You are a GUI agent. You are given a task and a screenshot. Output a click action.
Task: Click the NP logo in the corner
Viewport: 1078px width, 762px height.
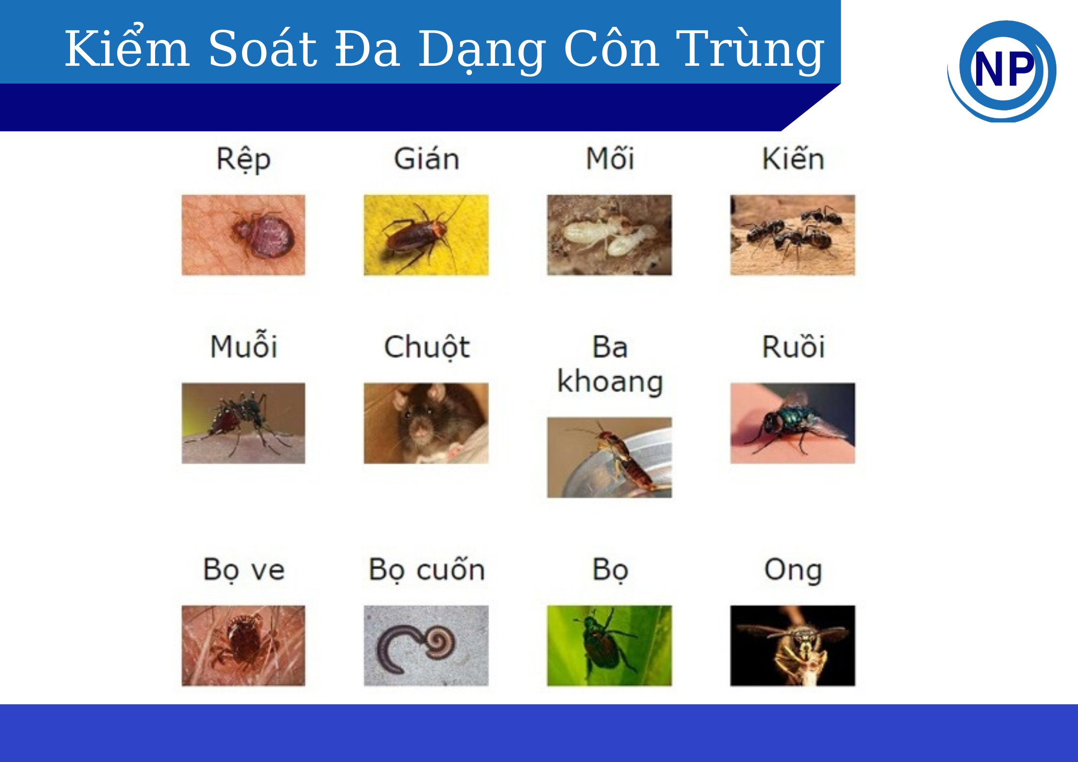click(x=1002, y=71)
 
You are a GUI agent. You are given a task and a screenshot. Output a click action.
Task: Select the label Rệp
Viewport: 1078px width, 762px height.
click(x=243, y=159)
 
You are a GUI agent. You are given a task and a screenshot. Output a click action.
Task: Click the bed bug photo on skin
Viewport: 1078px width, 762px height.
click(x=243, y=235)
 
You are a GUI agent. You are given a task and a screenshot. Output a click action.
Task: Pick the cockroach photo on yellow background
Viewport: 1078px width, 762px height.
click(x=426, y=235)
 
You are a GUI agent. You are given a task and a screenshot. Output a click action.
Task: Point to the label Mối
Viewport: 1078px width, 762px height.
click(x=610, y=158)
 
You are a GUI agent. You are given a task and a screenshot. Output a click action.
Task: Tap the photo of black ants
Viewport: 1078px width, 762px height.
click(x=793, y=235)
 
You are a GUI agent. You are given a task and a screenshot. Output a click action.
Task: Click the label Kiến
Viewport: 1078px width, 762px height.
click(x=793, y=158)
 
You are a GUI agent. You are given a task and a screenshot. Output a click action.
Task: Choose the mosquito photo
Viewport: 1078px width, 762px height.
click(x=243, y=423)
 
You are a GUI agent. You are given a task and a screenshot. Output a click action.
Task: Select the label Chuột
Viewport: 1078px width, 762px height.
click(x=427, y=347)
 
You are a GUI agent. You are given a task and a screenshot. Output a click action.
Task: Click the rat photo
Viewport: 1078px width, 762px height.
click(x=426, y=423)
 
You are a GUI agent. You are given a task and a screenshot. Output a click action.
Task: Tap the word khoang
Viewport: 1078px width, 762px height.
click(x=610, y=383)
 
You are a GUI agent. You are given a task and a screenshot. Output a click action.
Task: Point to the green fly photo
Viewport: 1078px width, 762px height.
click(x=793, y=423)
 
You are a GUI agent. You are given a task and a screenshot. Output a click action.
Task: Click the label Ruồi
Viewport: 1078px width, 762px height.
click(x=793, y=345)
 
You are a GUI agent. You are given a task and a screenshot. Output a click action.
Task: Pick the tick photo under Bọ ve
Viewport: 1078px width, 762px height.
click(x=243, y=646)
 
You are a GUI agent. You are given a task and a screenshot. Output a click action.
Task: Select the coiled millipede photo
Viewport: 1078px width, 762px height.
click(x=426, y=646)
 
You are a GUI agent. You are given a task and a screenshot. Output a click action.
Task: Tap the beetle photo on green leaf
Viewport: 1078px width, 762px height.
click(x=610, y=646)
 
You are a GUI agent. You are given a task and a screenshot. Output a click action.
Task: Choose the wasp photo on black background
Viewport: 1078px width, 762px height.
click(x=793, y=646)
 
